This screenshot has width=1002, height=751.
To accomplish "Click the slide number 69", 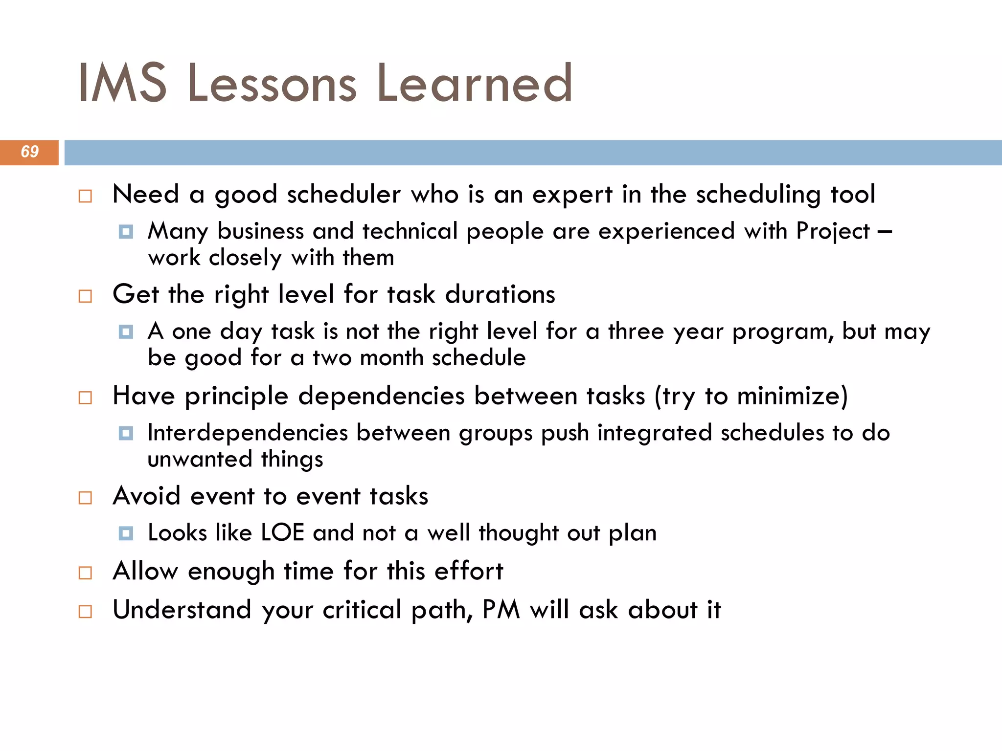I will (x=29, y=152).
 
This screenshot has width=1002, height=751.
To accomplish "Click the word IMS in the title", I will (x=122, y=83).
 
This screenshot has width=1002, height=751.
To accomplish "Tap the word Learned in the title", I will (x=474, y=83).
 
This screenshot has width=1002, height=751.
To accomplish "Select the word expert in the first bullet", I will (x=572, y=195).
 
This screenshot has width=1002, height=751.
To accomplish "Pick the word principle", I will (x=236, y=396).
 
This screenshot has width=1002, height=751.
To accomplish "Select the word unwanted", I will (x=200, y=460).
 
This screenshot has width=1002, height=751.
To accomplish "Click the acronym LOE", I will (x=282, y=533).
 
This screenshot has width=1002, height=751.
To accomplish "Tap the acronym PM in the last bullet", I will (x=501, y=610).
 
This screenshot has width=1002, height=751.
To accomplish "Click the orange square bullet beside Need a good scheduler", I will (x=85, y=196).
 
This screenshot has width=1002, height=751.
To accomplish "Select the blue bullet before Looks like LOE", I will (x=126, y=533).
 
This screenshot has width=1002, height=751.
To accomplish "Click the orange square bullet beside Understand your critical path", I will (x=85, y=611).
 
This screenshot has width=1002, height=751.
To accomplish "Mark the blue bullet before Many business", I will (x=126, y=231).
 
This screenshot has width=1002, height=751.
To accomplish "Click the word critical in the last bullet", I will (x=362, y=610).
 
